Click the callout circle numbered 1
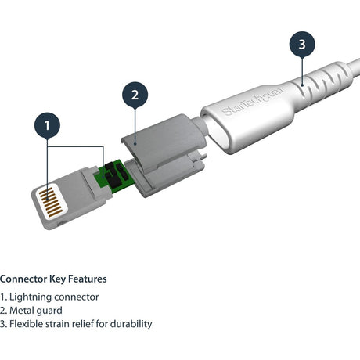(x=49, y=124)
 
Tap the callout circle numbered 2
(x=135, y=95)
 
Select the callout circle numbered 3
(x=302, y=45)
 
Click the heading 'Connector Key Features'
(x=53, y=279)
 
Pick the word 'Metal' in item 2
(x=23, y=311)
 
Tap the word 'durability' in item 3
(x=130, y=324)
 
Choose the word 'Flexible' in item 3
(x=27, y=324)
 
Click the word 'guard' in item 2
(x=50, y=311)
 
